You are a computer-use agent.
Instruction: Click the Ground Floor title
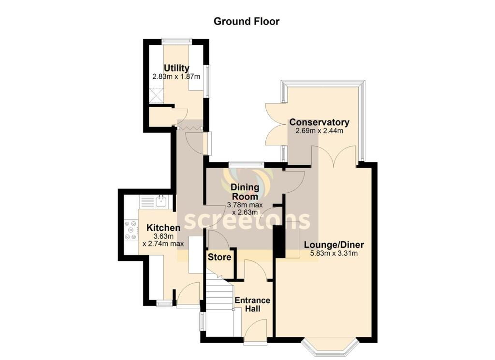247,21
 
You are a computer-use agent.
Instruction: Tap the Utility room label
176,68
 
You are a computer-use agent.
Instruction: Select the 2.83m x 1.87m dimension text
176,77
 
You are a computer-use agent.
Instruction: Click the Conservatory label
319,122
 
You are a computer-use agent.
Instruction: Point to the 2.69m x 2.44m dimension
319,130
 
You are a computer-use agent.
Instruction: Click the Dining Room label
245,192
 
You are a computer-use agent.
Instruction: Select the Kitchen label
163,228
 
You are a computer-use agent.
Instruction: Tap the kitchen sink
161,201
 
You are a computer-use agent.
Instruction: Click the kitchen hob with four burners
131,230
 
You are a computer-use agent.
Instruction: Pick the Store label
219,257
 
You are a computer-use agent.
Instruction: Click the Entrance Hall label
252,304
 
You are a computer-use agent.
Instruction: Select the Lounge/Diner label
334,245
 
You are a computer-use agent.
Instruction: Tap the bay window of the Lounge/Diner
330,346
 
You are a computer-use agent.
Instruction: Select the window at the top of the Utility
176,41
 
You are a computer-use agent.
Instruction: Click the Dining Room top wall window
247,164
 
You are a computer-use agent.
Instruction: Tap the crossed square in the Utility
156,96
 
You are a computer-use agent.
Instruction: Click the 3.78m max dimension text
245,205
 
